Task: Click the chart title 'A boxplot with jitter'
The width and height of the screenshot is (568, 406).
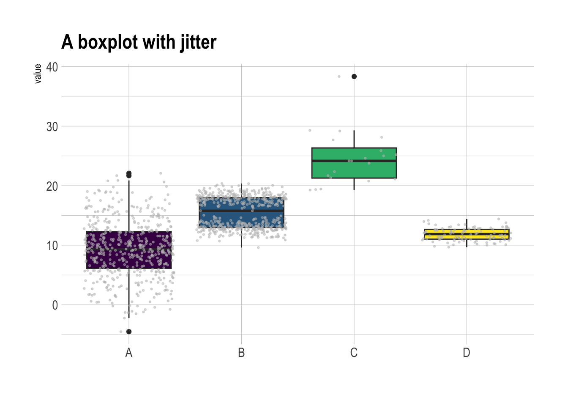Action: [x=139, y=42]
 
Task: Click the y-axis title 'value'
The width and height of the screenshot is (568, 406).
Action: [x=38, y=74]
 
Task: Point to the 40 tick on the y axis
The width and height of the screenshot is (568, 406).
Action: [x=52, y=67]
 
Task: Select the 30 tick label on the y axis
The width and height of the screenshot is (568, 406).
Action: [x=52, y=126]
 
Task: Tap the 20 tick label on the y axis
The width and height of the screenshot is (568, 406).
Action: [x=52, y=186]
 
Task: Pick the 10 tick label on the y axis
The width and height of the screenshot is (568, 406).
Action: [x=52, y=246]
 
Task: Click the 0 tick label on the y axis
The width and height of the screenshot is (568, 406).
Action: [x=55, y=305]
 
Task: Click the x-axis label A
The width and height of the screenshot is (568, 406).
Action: [x=129, y=353]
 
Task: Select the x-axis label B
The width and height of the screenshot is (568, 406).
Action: [x=241, y=353]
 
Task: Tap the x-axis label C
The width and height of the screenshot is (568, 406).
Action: [x=354, y=353]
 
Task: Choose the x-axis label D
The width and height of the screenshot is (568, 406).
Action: [x=466, y=353]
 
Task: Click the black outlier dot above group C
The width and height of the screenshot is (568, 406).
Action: [x=354, y=77]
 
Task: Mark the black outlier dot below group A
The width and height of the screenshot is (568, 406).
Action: [x=129, y=332]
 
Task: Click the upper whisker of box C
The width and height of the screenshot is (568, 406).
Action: [x=354, y=139]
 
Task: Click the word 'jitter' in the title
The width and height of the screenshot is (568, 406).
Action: [x=198, y=42]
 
